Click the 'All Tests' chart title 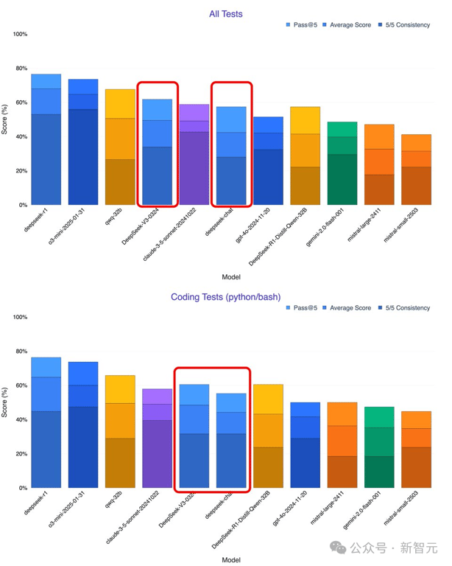[226, 13]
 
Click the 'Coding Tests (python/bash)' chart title [226, 297]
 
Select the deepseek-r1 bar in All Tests [46, 140]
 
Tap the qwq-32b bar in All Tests [120, 147]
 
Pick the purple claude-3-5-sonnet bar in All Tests [194, 155]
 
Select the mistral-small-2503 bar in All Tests [417, 170]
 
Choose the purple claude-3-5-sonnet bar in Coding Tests [157, 439]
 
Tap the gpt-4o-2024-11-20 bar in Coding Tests [306, 445]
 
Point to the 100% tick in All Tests [20, 35]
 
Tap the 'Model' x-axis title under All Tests [231, 277]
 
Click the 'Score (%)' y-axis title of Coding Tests [6, 402]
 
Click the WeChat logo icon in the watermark [339, 547]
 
